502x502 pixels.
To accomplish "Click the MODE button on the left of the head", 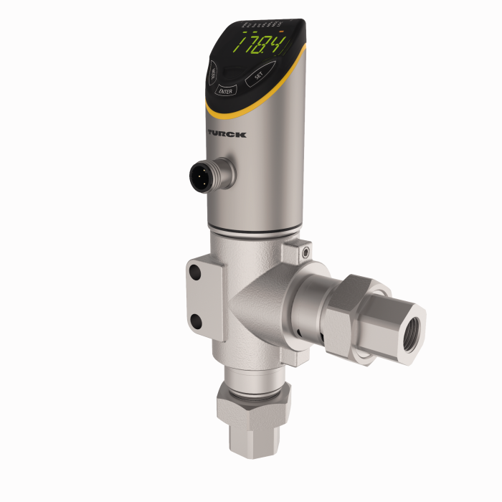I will [x=214, y=72].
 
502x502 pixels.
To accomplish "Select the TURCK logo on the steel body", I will [x=227, y=134].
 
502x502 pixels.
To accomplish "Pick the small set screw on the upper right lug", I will [x=306, y=252].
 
